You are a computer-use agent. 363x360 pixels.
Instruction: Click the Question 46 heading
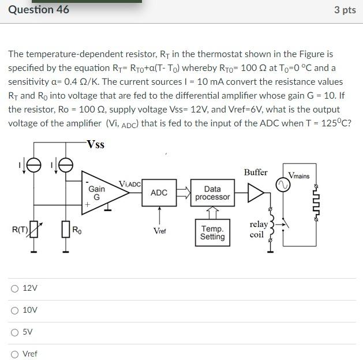(x=39, y=9)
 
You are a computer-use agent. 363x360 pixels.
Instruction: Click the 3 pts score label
(x=345, y=10)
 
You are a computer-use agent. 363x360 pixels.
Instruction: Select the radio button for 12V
(x=14, y=288)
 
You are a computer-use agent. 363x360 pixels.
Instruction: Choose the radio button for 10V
(x=14, y=310)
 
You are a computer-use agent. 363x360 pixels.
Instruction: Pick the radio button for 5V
(x=14, y=332)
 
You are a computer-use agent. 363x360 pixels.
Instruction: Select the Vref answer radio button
(x=14, y=354)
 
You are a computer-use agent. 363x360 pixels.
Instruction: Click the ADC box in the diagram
(x=159, y=193)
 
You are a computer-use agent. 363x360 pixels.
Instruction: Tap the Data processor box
(x=212, y=193)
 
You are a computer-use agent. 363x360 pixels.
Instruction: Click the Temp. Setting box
(x=212, y=232)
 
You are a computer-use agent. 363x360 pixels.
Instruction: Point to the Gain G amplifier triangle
(x=98, y=192)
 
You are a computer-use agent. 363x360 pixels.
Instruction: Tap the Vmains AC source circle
(x=282, y=185)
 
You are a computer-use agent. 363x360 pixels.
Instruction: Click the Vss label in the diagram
(x=95, y=144)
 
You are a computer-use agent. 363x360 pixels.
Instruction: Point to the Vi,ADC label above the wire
(x=129, y=183)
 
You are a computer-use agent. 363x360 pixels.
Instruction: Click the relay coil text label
(x=258, y=229)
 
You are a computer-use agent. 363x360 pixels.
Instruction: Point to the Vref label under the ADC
(x=160, y=231)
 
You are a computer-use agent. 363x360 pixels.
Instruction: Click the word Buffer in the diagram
(x=256, y=172)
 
